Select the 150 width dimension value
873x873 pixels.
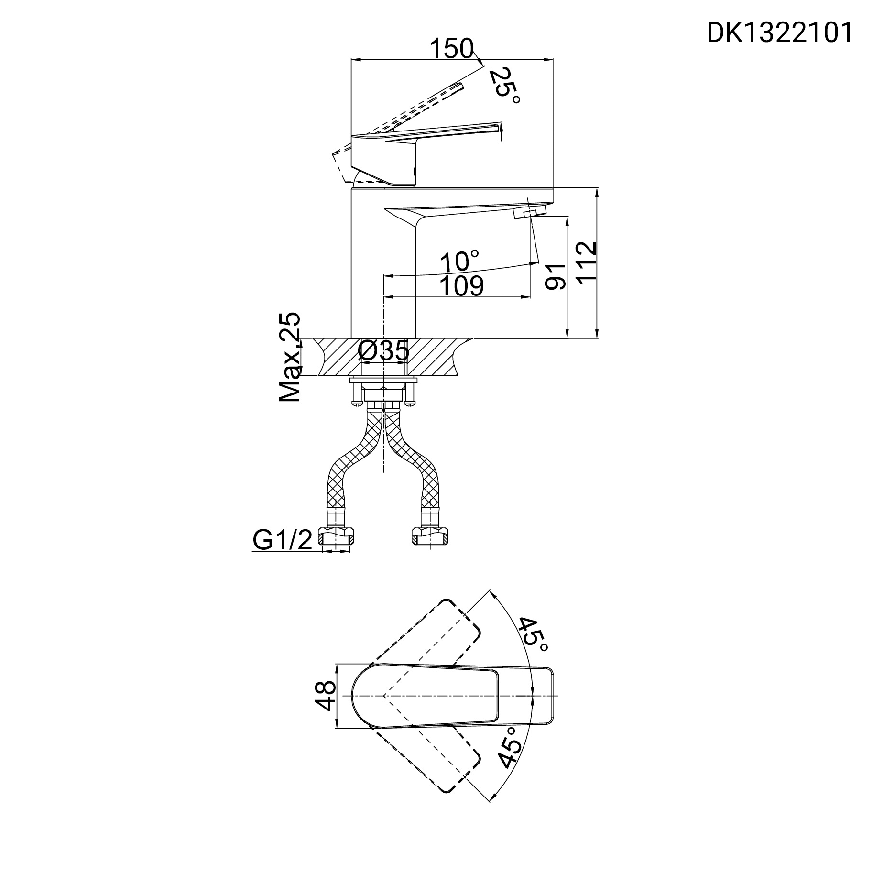click(x=451, y=49)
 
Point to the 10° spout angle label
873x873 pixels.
click(x=459, y=262)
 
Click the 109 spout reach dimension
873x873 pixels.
click(x=461, y=286)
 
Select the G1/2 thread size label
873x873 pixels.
click(x=282, y=540)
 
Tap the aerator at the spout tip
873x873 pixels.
click(x=529, y=212)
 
